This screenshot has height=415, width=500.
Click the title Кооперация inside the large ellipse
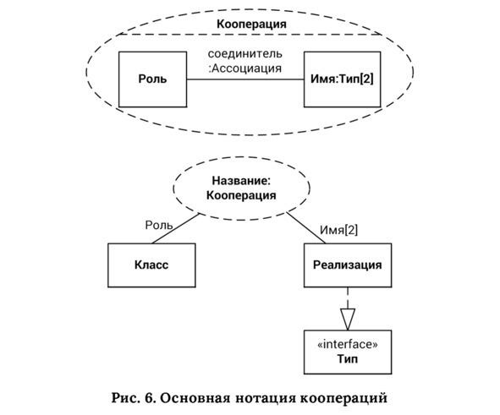tap(251, 25)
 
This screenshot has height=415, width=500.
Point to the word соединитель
tap(245, 53)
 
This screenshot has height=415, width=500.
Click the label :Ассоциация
tap(245, 68)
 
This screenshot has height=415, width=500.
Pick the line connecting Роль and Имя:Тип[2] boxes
tap(245, 79)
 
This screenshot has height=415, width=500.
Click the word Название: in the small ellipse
tap(241, 181)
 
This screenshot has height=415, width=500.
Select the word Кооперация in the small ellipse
tap(241, 195)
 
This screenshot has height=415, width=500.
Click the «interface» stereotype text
tap(348, 344)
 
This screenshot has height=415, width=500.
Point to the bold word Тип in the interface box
tap(348, 359)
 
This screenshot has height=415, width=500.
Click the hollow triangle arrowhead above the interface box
tap(348, 319)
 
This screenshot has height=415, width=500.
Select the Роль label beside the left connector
tap(159, 225)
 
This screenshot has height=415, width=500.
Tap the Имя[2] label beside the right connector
tap(338, 230)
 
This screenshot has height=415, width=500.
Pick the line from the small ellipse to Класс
tap(176, 228)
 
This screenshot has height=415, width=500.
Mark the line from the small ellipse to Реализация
tap(305, 227)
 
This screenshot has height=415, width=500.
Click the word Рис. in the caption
tap(126, 398)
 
